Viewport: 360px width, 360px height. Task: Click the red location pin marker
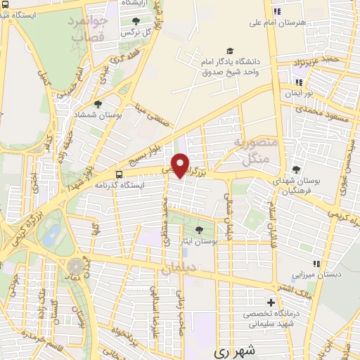click(181, 165)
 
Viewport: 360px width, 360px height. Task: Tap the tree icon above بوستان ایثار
click(200, 229)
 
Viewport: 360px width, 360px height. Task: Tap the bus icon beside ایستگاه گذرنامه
click(120, 173)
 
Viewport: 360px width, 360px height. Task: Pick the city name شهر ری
click(233, 350)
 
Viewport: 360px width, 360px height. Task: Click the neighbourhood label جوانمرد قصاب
click(88, 28)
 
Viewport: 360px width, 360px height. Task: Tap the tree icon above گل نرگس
click(136, 20)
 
